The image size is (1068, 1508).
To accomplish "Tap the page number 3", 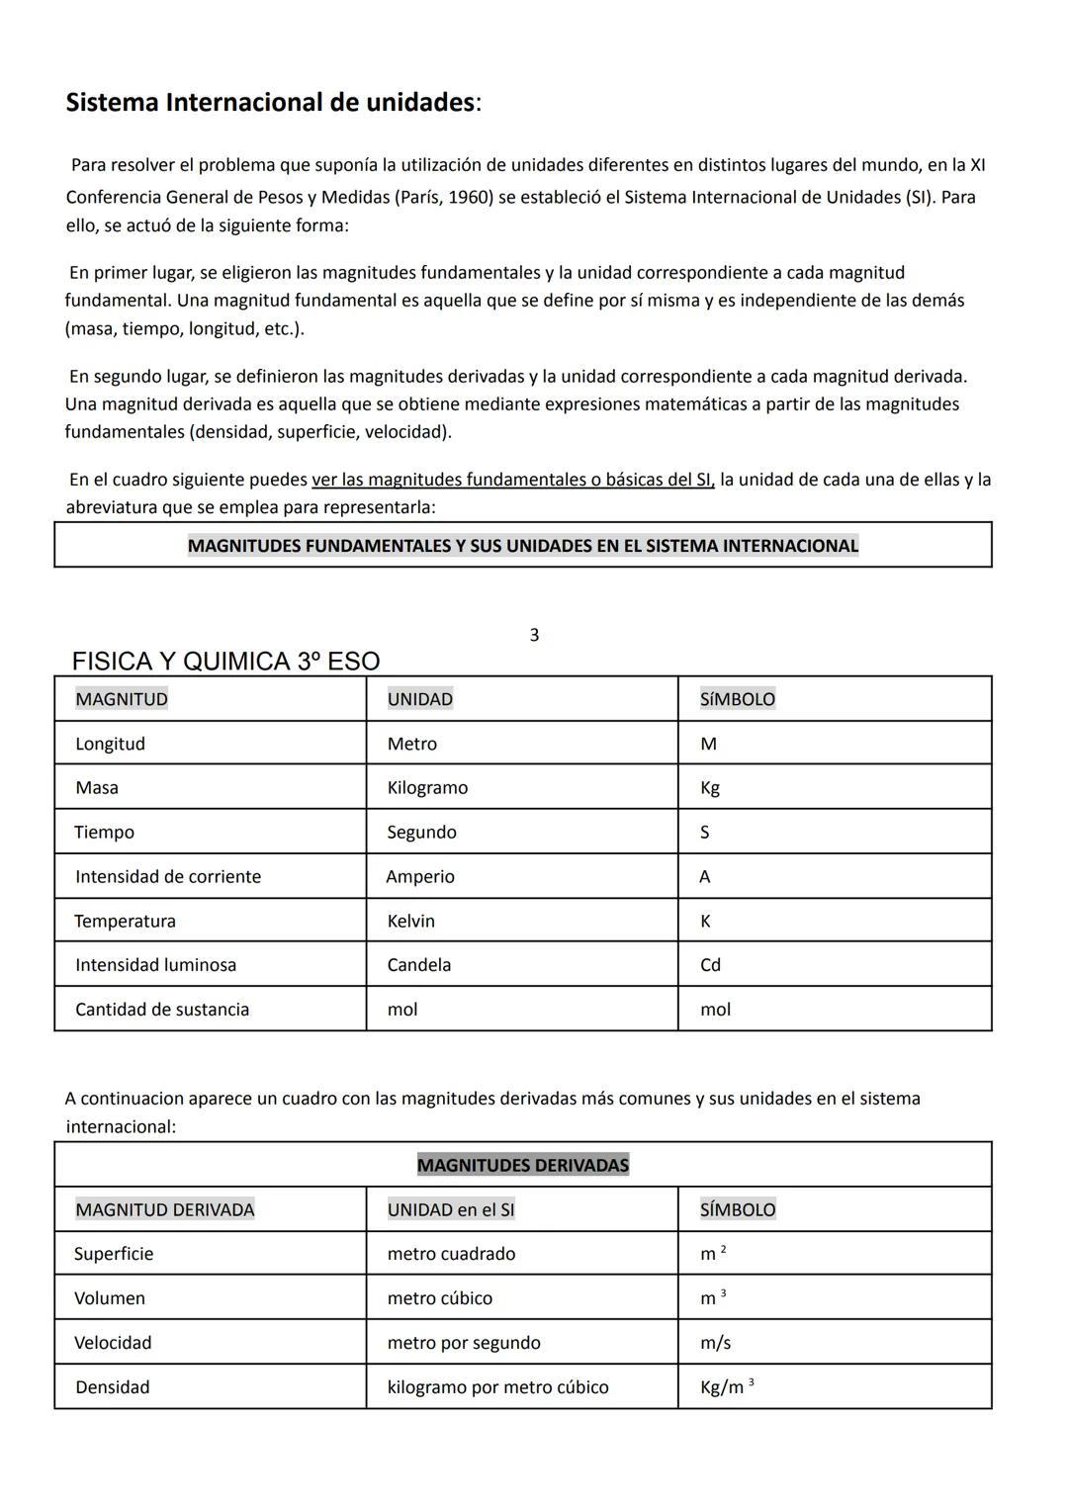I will (535, 635).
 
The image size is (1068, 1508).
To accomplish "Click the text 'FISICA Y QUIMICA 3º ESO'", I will (225, 662).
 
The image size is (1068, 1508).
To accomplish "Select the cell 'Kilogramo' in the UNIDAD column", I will (427, 788).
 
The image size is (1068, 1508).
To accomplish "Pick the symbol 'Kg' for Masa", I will (710, 788).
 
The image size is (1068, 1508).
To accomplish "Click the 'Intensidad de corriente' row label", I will (168, 877).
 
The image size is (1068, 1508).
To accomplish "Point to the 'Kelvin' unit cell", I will (411, 922).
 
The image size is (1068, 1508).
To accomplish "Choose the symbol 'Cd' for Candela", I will (711, 965).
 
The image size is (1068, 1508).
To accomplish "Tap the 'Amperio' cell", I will (420, 877).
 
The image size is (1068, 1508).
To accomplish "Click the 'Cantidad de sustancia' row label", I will (162, 1010).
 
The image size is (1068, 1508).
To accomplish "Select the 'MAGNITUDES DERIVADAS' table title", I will (523, 1165).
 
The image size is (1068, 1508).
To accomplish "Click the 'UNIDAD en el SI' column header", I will (451, 1209).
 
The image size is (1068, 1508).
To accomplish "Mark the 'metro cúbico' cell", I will (440, 1298).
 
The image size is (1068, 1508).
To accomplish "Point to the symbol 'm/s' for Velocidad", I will (716, 1343).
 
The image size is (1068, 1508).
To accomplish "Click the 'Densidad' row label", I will (113, 1387).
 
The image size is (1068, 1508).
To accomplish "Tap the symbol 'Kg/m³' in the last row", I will (726, 1387).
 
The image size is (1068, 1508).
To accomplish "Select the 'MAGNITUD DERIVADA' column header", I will (165, 1209).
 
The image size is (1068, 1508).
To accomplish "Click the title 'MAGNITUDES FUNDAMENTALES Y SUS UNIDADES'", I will (523, 546).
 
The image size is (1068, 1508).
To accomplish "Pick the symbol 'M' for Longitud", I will (708, 745).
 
